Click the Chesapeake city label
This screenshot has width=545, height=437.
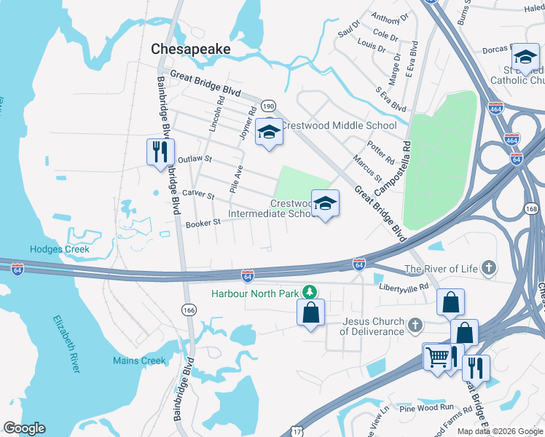(x=190, y=49)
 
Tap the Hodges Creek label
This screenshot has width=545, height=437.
(x=60, y=249)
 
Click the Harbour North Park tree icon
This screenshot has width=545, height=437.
(x=310, y=293)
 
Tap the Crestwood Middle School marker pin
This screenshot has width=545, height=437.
(x=270, y=133)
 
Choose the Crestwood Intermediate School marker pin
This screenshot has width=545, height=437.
(x=325, y=204)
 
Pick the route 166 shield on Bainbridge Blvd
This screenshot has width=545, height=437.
(x=189, y=310)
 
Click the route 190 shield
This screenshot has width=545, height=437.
(x=268, y=106)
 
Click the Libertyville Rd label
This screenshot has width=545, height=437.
(x=404, y=287)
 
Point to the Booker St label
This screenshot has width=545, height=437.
(x=203, y=223)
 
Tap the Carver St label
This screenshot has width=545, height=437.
(x=198, y=194)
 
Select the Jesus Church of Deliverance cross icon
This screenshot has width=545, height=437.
(x=415, y=324)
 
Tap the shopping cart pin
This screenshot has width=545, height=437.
(x=436, y=358)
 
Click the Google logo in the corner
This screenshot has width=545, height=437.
(x=24, y=428)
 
